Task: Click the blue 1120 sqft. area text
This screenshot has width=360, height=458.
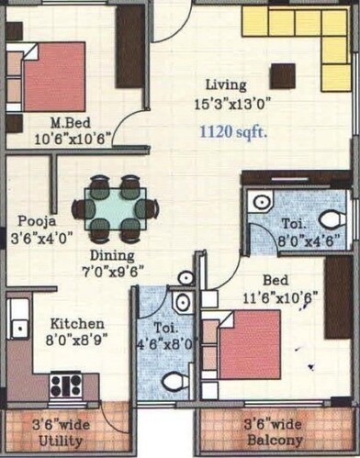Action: coord(233,132)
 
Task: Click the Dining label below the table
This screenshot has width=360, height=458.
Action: coord(111,255)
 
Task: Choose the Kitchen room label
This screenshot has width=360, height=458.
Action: coord(76,324)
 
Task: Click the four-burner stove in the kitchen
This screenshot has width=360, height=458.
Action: coord(66,384)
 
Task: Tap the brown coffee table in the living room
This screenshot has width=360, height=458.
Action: coord(283,76)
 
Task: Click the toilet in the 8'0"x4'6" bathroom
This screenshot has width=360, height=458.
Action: coord(332,219)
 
